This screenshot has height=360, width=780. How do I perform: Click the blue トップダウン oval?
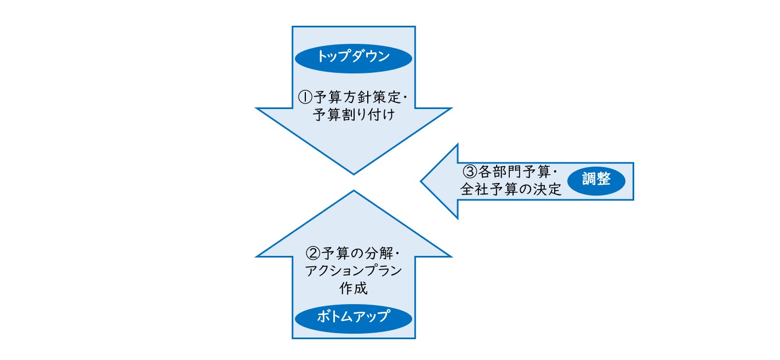353,57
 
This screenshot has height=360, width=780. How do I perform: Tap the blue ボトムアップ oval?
353,316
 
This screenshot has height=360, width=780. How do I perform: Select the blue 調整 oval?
596,179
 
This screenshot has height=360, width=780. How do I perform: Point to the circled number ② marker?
311,254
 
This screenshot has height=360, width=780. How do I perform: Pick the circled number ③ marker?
469,172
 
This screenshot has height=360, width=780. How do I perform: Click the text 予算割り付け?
353,116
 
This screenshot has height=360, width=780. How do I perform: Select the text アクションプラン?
353,271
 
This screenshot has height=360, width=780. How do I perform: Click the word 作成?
353,288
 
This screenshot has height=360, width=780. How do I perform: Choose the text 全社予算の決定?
511,189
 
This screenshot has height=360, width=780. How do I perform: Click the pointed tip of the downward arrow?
354,174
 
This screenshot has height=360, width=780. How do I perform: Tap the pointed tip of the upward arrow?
354,192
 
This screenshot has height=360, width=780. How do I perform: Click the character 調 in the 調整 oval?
588,179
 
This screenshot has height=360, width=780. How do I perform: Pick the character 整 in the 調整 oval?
603,179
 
